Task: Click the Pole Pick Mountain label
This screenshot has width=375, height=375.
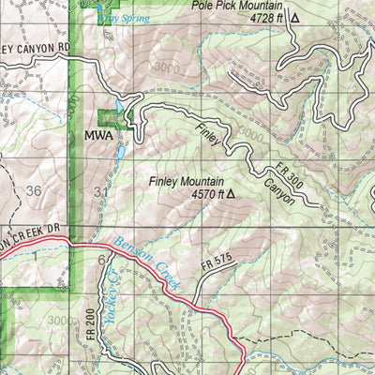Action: [239, 5]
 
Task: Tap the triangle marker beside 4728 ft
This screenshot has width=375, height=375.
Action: [296, 17]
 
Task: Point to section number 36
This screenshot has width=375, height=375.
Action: [35, 191]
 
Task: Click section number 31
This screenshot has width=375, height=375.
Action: [101, 191]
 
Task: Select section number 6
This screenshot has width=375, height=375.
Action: [99, 260]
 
